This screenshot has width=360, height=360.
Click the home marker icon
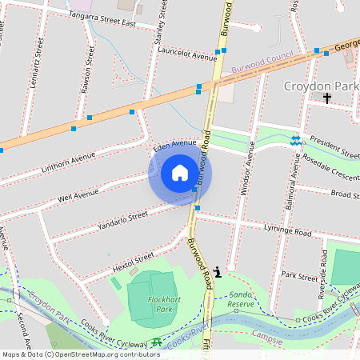pos(180,173)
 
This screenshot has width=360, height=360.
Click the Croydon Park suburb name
pos(322,84)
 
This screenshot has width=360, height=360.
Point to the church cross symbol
pos(326,98)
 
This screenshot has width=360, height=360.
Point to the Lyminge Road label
pos(287,231)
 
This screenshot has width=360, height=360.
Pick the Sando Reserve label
pos(241,299)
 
